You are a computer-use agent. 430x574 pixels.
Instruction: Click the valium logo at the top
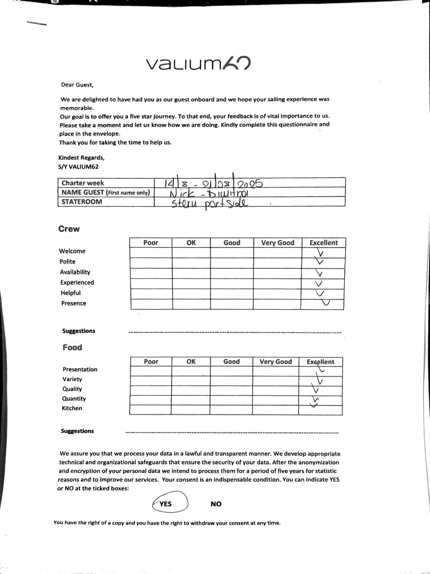(198, 64)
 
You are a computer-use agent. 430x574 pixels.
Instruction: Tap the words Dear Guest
(77, 85)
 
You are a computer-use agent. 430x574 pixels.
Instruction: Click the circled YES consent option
(166, 504)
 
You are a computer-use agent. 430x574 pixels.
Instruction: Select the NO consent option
(216, 504)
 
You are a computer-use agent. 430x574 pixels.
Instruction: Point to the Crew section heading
(69, 229)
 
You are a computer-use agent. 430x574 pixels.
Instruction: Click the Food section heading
(72, 347)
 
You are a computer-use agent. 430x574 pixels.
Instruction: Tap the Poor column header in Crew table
(150, 243)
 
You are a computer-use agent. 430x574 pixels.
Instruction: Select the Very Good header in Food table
(276, 362)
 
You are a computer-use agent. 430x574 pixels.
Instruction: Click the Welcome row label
(72, 251)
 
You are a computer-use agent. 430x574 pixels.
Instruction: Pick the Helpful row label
(71, 293)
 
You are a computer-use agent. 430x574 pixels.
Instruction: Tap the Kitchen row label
(72, 408)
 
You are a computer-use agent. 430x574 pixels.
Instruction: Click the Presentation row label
(80, 370)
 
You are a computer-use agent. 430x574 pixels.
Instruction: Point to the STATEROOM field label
(82, 202)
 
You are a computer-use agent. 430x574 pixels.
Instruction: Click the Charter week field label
(83, 183)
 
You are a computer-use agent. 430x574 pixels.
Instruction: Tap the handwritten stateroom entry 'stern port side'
(210, 203)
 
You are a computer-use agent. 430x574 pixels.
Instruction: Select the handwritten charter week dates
(214, 183)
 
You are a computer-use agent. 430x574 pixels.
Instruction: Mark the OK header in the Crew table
(191, 243)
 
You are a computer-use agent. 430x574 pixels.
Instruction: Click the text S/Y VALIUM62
(78, 167)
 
